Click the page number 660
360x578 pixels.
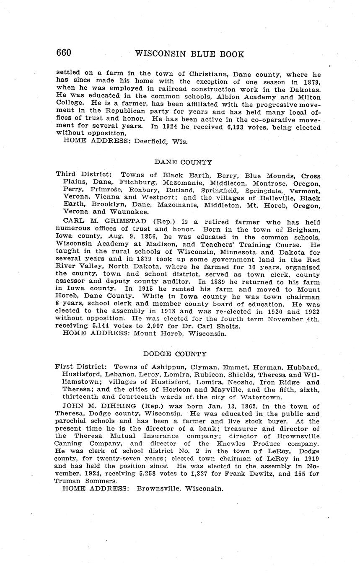click(x=64, y=53)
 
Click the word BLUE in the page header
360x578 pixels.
click(x=195, y=54)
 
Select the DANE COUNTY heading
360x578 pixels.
click(x=183, y=163)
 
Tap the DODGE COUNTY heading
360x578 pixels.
click(x=181, y=354)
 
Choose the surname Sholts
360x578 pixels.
click(x=229, y=326)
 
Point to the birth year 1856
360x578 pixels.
click(x=140, y=237)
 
